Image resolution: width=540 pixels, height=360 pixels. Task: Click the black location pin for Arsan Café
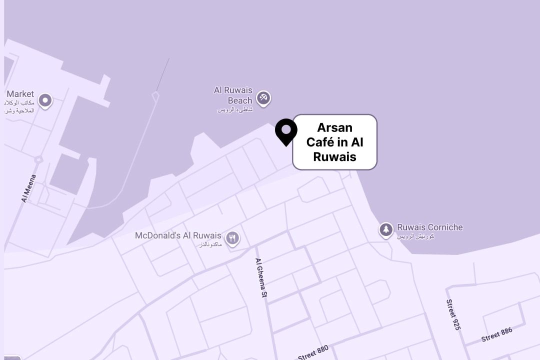tap(286, 131)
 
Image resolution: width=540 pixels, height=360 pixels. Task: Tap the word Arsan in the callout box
tap(334, 127)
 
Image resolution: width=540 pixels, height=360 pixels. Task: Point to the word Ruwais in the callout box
tap(334, 157)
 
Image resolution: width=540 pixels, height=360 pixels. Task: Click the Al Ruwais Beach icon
tap(263, 97)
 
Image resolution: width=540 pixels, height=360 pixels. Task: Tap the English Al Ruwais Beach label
tap(233, 95)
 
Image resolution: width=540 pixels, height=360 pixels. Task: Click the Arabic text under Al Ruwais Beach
tap(235, 109)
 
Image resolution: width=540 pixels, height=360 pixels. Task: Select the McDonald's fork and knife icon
tap(232, 238)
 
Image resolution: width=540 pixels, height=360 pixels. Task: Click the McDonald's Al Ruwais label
tap(178, 235)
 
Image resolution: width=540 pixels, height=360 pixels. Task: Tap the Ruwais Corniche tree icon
tap(385, 230)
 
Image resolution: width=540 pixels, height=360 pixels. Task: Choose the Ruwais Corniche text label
tap(430, 227)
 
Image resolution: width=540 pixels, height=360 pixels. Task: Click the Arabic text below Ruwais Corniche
tap(415, 236)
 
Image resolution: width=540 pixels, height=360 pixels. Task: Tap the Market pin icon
tap(45, 101)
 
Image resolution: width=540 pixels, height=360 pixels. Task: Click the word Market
tap(20, 94)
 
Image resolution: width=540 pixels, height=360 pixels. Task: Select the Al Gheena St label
tap(261, 278)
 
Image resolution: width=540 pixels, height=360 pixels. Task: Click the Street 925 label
tap(453, 314)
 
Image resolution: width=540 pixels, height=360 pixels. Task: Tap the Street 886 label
tap(497, 334)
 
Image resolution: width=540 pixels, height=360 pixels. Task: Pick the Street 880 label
tap(313, 352)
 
